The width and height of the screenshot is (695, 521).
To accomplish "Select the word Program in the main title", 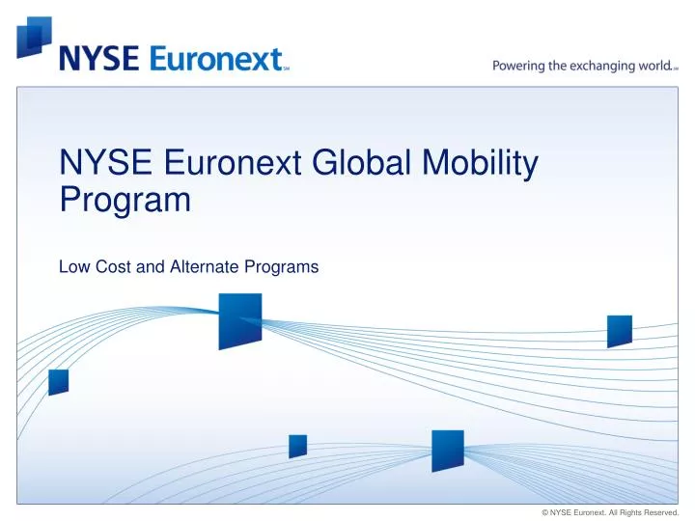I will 125,201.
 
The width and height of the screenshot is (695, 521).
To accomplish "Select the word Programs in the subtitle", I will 284,267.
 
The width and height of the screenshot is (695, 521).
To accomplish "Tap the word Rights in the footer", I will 624,512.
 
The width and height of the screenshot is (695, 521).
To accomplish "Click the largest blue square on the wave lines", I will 239,320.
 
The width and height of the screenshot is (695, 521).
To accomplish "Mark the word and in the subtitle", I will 150,267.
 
